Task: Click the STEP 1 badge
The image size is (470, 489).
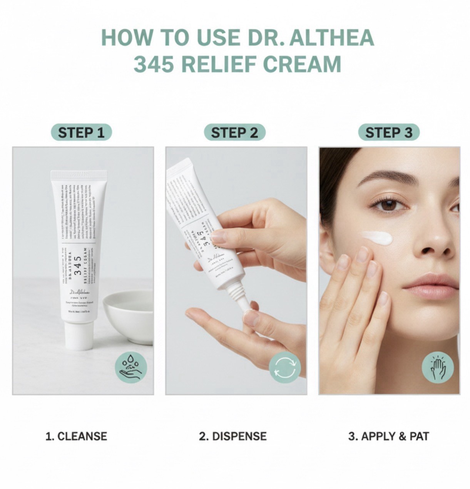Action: tap(81, 132)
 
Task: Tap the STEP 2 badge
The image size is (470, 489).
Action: tap(234, 132)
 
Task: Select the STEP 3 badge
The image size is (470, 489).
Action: tap(388, 132)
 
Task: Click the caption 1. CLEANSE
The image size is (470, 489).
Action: tap(76, 436)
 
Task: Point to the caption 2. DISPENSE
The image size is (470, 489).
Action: tap(232, 436)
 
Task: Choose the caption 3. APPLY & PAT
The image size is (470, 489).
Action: tap(388, 436)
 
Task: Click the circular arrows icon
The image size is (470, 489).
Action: tap(284, 367)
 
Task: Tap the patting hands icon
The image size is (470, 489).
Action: tap(438, 367)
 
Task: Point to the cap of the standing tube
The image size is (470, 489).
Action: tap(79, 335)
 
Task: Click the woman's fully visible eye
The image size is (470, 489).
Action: tap(389, 204)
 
